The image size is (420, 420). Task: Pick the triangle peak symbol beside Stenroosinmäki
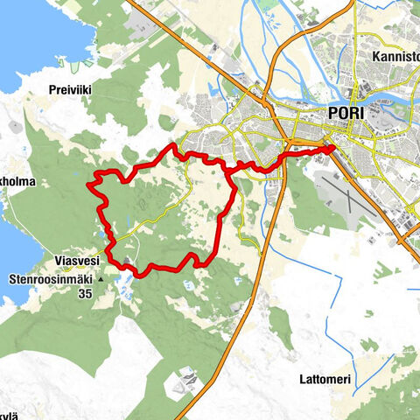click(103, 280)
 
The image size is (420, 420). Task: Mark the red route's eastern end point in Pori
click(333, 148)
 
